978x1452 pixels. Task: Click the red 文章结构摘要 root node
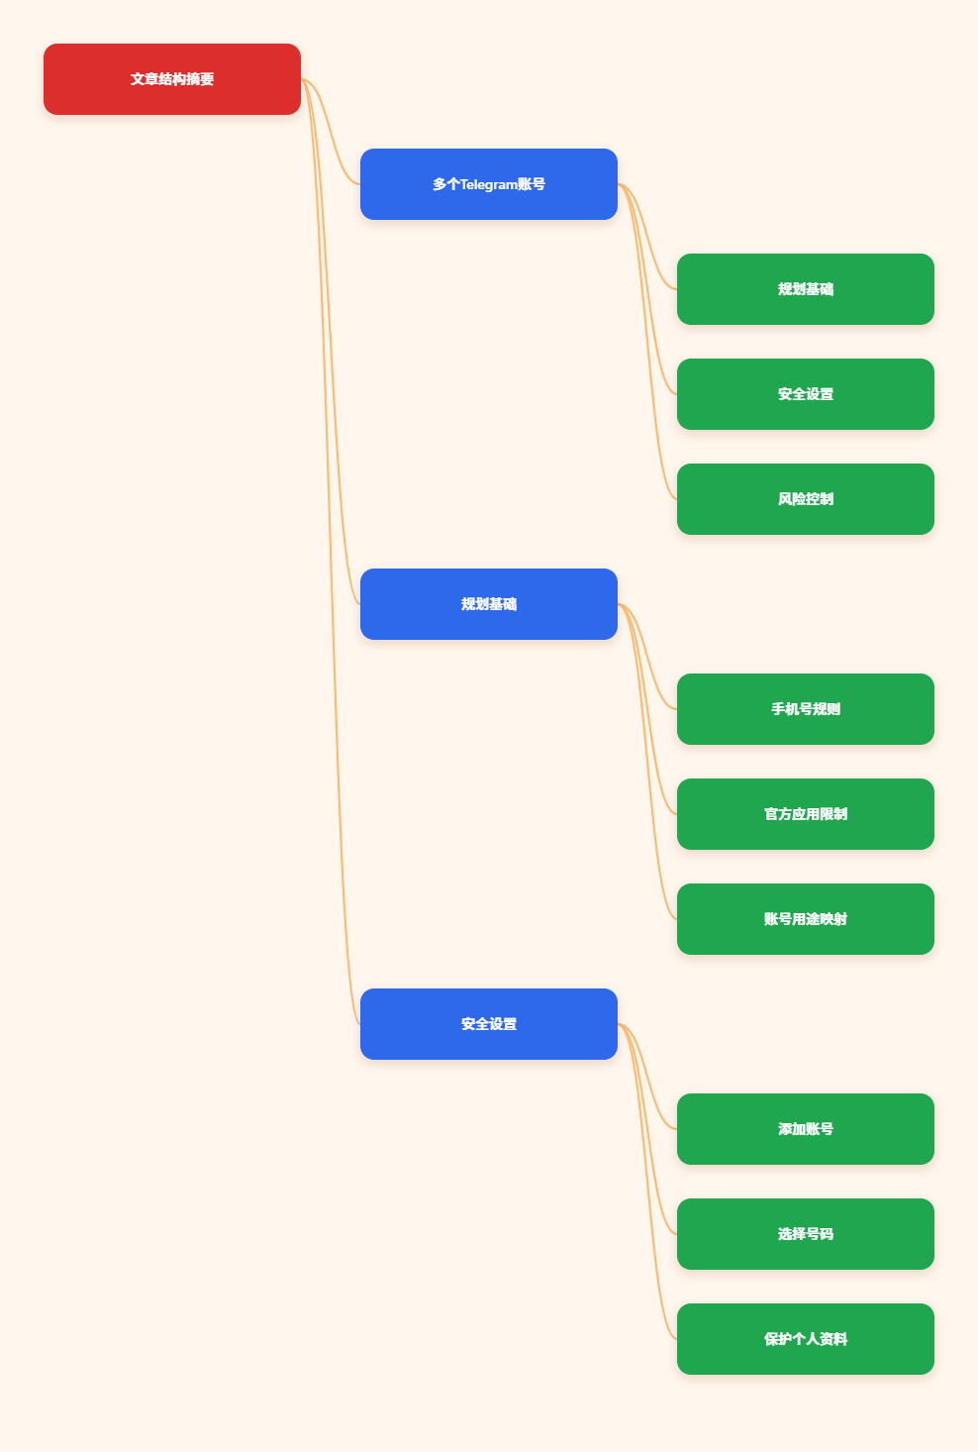[x=171, y=79]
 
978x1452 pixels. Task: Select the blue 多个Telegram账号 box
[x=488, y=184]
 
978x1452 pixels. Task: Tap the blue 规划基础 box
[x=488, y=604]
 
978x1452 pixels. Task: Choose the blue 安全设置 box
[x=488, y=1024]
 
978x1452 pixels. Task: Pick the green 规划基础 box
[x=805, y=289]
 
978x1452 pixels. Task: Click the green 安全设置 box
[x=805, y=394]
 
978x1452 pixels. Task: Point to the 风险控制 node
[x=805, y=499]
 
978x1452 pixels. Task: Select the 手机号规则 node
[x=805, y=709]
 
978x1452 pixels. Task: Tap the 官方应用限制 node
[x=805, y=814]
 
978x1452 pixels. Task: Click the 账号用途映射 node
[x=805, y=919]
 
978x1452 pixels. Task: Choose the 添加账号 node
[x=805, y=1129]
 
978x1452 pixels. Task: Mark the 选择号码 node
[x=805, y=1234]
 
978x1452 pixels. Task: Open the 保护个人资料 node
[x=805, y=1339]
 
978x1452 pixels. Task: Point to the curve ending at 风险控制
[x=647, y=342]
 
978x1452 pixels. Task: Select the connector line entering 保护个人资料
[x=647, y=1182]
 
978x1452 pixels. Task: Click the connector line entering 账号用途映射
[x=647, y=762]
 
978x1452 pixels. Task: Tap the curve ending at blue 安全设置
[x=331, y=552]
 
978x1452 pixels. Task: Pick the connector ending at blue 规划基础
[x=331, y=342]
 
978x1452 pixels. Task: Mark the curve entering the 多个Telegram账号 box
[x=331, y=132]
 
